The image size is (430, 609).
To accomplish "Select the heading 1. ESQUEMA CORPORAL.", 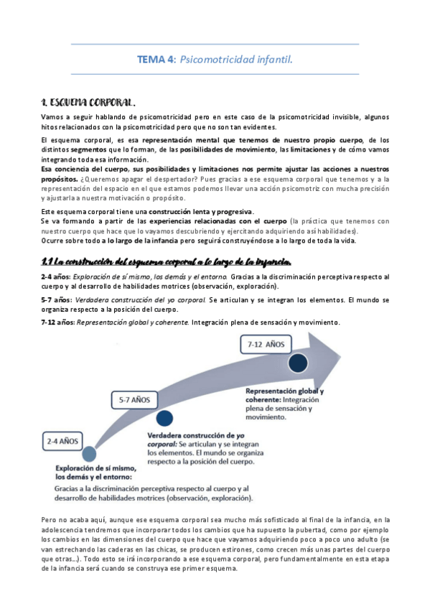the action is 90,103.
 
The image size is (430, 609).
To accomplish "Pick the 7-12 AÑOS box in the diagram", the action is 266,345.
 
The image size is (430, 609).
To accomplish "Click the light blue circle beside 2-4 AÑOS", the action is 89,455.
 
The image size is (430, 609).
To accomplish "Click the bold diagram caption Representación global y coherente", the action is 284,395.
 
